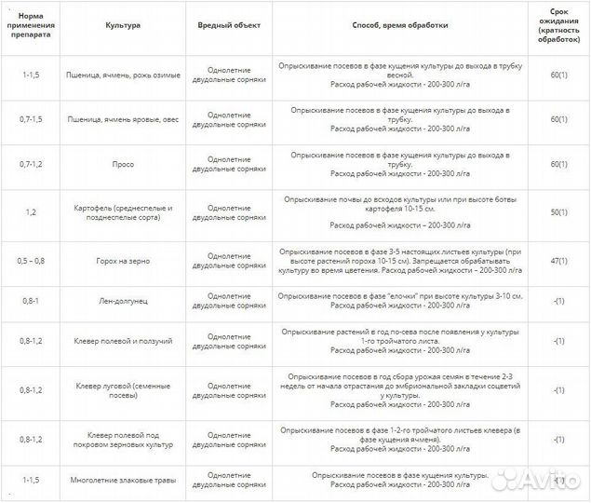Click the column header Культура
click(123, 25)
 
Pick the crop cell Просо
click(123, 164)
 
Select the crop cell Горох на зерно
click(123, 262)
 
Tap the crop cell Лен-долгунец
click(123, 301)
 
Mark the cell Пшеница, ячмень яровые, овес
click(123, 119)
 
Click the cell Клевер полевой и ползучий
click(123, 341)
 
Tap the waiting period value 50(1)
click(558, 212)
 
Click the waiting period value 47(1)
click(558, 262)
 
